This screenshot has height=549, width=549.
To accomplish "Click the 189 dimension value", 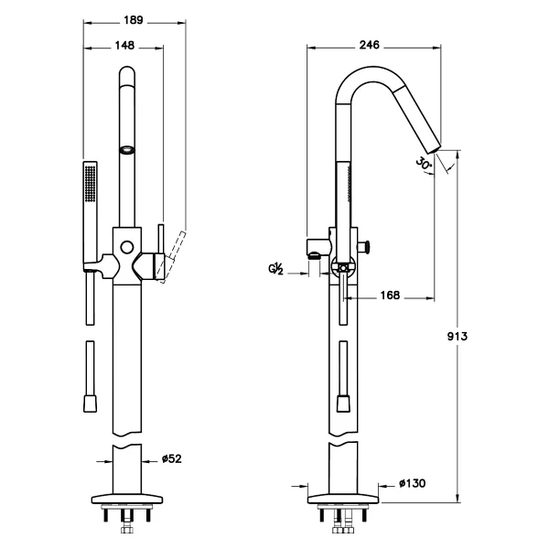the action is click(134, 20).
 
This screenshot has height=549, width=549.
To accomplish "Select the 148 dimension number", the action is click(124, 46).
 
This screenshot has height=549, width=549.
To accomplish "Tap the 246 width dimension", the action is click(370, 45).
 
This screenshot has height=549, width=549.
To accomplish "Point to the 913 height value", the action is click(457, 336).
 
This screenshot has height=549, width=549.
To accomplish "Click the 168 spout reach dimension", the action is click(390, 296).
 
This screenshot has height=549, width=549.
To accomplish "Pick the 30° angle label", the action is click(424, 163).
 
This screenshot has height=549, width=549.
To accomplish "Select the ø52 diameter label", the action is click(172, 458).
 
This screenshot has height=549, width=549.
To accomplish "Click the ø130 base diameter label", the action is click(413, 483).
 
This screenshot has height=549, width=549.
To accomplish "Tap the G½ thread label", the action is click(276, 269).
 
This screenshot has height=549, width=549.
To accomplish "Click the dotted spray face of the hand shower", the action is click(90, 184).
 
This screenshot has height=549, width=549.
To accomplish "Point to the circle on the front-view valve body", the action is click(127, 247).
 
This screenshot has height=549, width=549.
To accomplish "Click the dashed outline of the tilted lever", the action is click(171, 256).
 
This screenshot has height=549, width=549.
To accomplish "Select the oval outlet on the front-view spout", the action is click(127, 150).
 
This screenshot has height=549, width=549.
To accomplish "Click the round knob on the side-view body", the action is click(366, 246).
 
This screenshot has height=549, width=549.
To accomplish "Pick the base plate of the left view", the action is click(127, 499).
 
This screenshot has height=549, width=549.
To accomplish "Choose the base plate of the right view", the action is click(343, 499).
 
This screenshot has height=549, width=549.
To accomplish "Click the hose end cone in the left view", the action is click(90, 404).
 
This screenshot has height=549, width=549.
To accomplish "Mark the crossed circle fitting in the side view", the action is click(343, 268).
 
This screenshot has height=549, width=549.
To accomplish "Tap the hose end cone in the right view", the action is click(343, 404).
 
